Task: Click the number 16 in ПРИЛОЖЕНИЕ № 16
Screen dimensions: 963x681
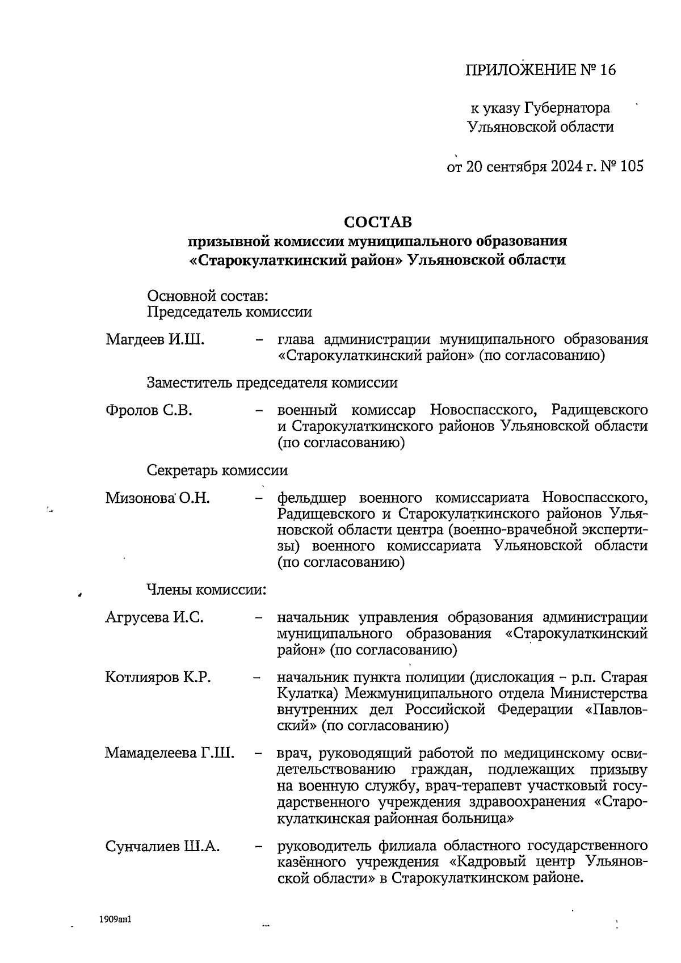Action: click(x=606, y=70)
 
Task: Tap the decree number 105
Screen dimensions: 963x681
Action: click(x=632, y=166)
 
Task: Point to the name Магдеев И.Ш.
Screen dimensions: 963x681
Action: click(x=155, y=340)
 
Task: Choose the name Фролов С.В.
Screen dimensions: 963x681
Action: click(x=149, y=410)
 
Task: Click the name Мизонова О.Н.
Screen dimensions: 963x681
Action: click(x=157, y=498)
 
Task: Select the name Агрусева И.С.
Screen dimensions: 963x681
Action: click(x=154, y=617)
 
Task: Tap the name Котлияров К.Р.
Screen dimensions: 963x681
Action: click(x=158, y=678)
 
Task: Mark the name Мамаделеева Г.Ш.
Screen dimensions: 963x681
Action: click(x=169, y=754)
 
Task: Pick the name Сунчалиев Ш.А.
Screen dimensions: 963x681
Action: click(x=162, y=846)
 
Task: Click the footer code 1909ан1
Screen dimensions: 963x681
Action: click(x=115, y=918)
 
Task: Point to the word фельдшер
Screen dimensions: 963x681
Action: click(x=312, y=498)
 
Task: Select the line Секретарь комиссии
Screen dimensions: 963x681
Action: click(x=217, y=470)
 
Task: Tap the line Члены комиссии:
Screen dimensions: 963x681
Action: click(x=207, y=590)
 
